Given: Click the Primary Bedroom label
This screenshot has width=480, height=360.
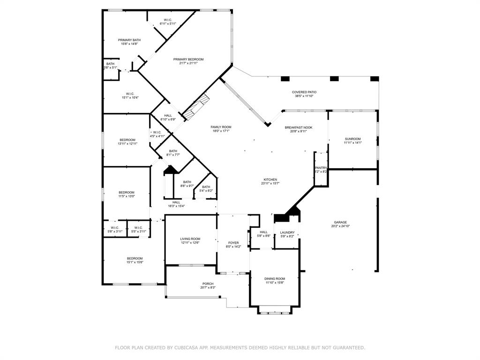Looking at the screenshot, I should pos(188,60).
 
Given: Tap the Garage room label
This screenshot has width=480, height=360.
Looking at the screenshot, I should pos(340,222).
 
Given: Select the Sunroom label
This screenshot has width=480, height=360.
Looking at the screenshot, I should pos(352,139).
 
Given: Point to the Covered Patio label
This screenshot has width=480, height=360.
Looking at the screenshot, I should pos(304,92).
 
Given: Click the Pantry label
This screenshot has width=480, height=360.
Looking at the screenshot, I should pos(321,168).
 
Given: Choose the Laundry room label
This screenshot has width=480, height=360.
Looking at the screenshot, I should pos(287,232).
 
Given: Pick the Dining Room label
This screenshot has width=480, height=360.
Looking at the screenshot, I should pos(275,278).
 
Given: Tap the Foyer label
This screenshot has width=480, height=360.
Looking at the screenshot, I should pos(233,243).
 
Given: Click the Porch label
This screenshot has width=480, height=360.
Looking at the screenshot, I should pos(208,284).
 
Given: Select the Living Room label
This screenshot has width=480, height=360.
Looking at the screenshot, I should pos(190,239).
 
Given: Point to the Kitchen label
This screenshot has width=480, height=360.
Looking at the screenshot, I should pos(270,180).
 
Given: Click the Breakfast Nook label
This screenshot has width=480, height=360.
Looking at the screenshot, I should pos(299,127).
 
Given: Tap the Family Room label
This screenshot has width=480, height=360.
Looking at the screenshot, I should pos(221,127).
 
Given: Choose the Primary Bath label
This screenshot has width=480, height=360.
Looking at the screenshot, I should pos(129,40).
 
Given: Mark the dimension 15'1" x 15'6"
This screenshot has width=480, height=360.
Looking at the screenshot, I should pos(135,262).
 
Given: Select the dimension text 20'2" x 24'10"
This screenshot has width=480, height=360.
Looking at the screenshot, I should pos(340,226).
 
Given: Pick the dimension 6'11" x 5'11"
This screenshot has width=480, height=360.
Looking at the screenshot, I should pos(168,23).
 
